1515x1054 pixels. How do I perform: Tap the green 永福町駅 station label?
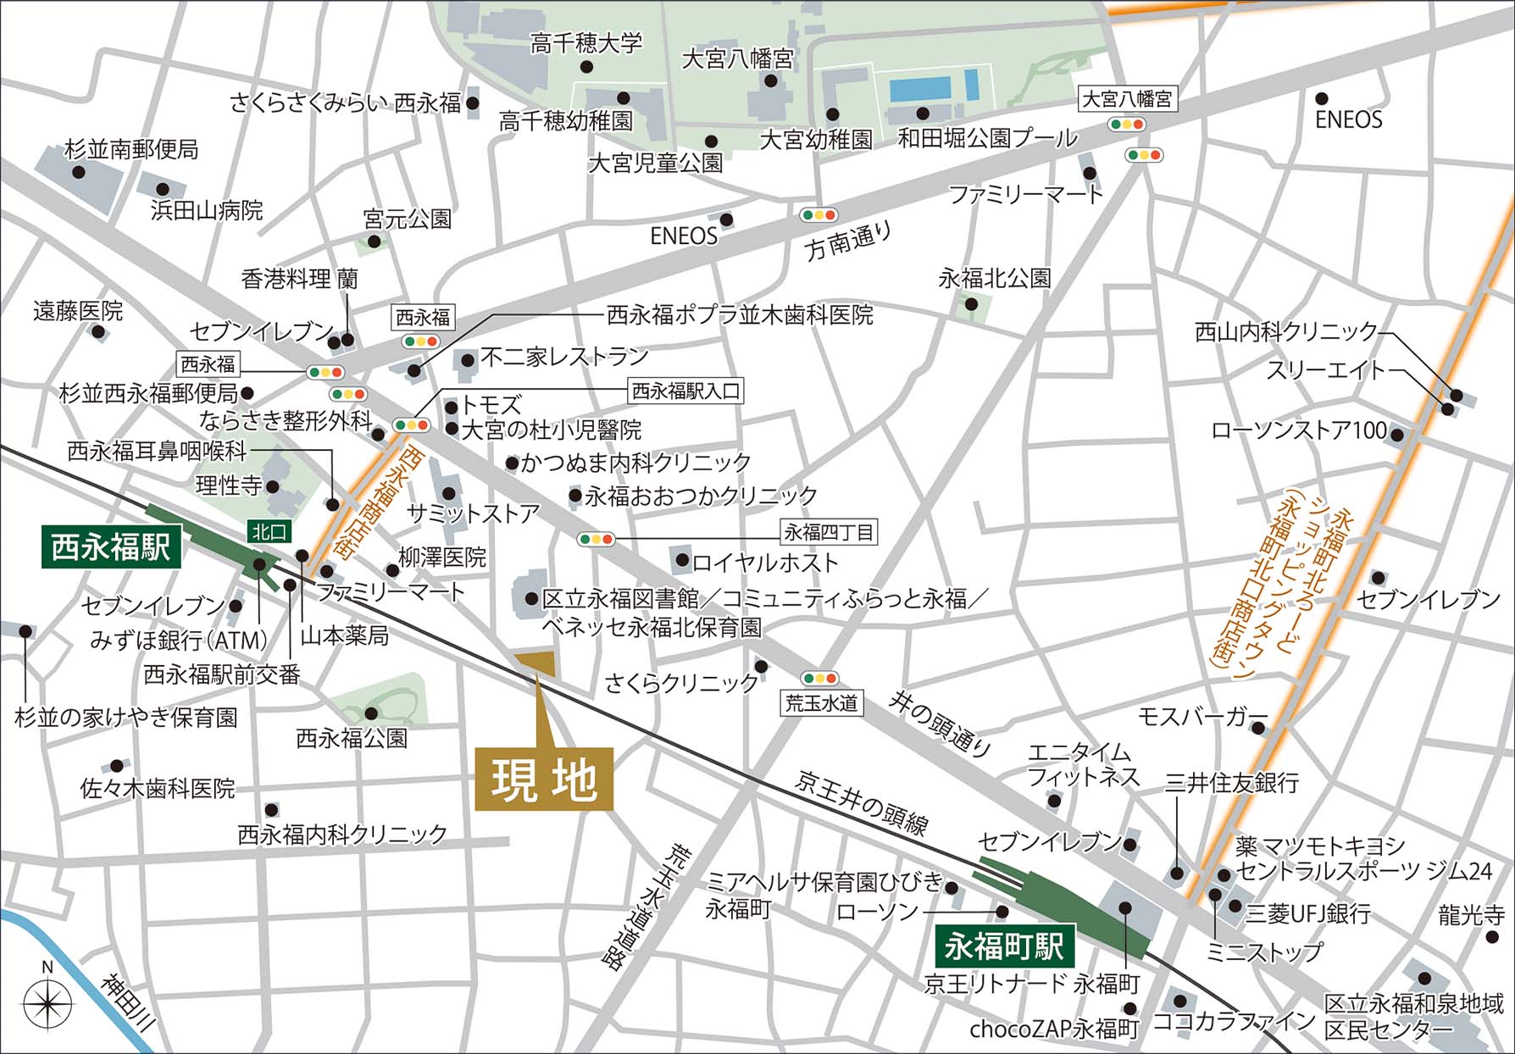(x=1004, y=946)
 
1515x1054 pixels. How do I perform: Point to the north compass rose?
(x=47, y=1005)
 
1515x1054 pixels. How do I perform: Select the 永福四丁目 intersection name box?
(x=828, y=532)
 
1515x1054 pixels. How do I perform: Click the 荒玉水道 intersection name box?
(x=821, y=702)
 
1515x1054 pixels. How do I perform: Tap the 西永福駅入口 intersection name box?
(x=685, y=391)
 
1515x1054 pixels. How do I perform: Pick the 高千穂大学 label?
(x=586, y=42)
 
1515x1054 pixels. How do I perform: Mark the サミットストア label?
(x=473, y=513)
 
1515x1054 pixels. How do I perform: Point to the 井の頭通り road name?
(x=941, y=723)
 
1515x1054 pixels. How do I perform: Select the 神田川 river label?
(x=129, y=1001)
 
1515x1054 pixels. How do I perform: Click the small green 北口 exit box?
(x=269, y=531)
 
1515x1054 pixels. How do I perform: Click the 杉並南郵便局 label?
(x=131, y=150)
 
